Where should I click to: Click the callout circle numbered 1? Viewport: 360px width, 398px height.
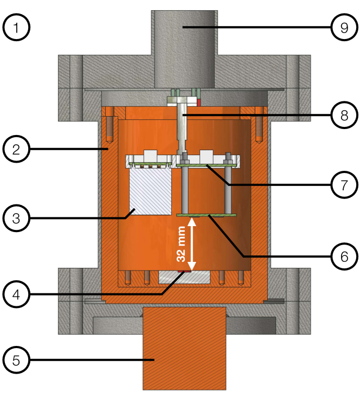click(18, 27)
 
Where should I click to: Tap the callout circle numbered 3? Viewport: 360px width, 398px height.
click(18, 219)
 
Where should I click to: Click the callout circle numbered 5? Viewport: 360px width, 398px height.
click(18, 360)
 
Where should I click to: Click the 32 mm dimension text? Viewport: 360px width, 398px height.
click(182, 244)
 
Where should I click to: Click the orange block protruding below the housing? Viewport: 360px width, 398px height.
click(184, 347)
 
